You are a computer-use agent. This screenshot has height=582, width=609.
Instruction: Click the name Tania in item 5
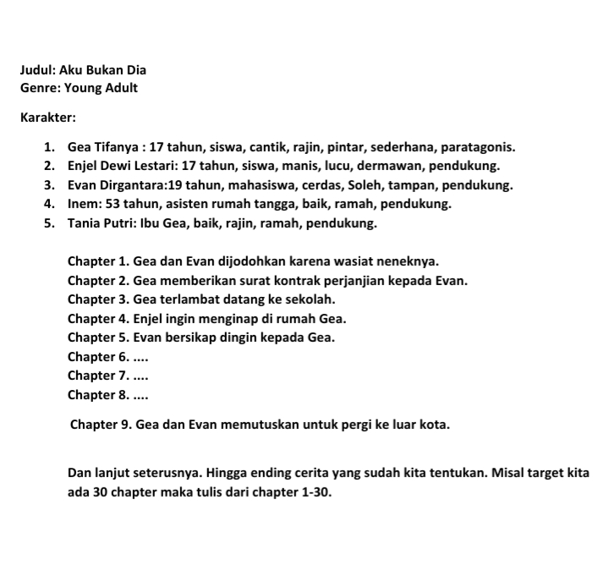[85, 224]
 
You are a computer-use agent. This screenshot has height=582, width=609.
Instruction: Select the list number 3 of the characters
[49, 185]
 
